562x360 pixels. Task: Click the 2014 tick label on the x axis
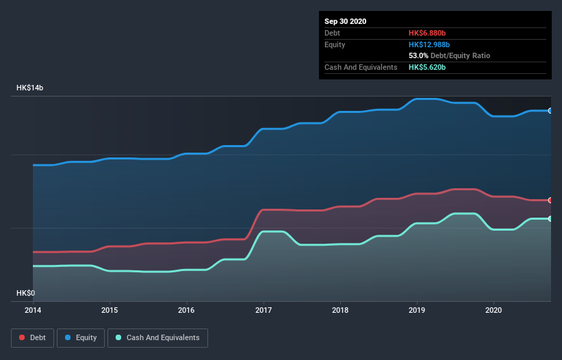[x=33, y=310]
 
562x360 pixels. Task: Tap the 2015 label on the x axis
[x=110, y=310]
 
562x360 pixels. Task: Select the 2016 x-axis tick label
[x=186, y=310]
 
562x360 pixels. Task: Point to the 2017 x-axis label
[x=263, y=310]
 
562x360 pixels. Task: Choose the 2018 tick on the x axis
[x=340, y=310]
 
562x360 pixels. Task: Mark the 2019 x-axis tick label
[x=416, y=310]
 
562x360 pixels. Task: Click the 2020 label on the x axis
[x=493, y=310]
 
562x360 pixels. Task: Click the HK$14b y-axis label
[x=31, y=88]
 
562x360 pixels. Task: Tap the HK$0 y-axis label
[x=25, y=293]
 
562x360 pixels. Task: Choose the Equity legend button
[x=81, y=337]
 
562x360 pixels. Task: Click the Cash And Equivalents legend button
[x=157, y=337]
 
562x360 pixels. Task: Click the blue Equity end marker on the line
[x=550, y=110]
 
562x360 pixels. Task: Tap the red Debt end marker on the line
[x=550, y=200]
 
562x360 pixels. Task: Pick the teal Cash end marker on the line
[x=550, y=218]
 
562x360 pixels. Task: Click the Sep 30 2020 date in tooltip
[x=346, y=21]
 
